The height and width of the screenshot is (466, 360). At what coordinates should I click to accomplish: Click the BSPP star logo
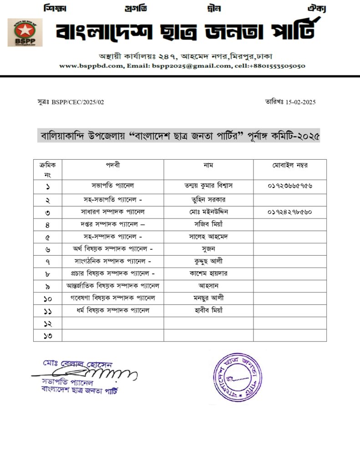click(25, 32)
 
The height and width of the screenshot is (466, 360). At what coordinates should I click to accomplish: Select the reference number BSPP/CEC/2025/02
click(78, 102)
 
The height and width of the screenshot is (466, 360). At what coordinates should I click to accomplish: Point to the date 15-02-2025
click(298, 102)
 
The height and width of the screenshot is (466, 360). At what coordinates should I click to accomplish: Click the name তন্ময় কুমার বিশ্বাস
click(208, 186)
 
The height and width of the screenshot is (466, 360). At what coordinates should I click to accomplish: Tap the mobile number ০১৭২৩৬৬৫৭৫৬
click(290, 187)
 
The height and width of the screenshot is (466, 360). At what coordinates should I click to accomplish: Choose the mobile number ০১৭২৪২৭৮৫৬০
click(290, 212)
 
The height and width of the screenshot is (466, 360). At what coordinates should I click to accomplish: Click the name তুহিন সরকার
click(208, 199)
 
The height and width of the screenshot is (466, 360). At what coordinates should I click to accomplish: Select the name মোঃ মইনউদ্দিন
click(208, 212)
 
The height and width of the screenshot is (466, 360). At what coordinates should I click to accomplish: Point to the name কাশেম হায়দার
click(208, 274)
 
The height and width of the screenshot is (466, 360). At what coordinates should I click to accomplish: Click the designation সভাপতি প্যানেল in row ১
click(112, 186)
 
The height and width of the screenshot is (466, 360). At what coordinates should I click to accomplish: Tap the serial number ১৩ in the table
click(47, 336)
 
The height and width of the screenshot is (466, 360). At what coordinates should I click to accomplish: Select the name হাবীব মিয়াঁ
click(208, 310)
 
